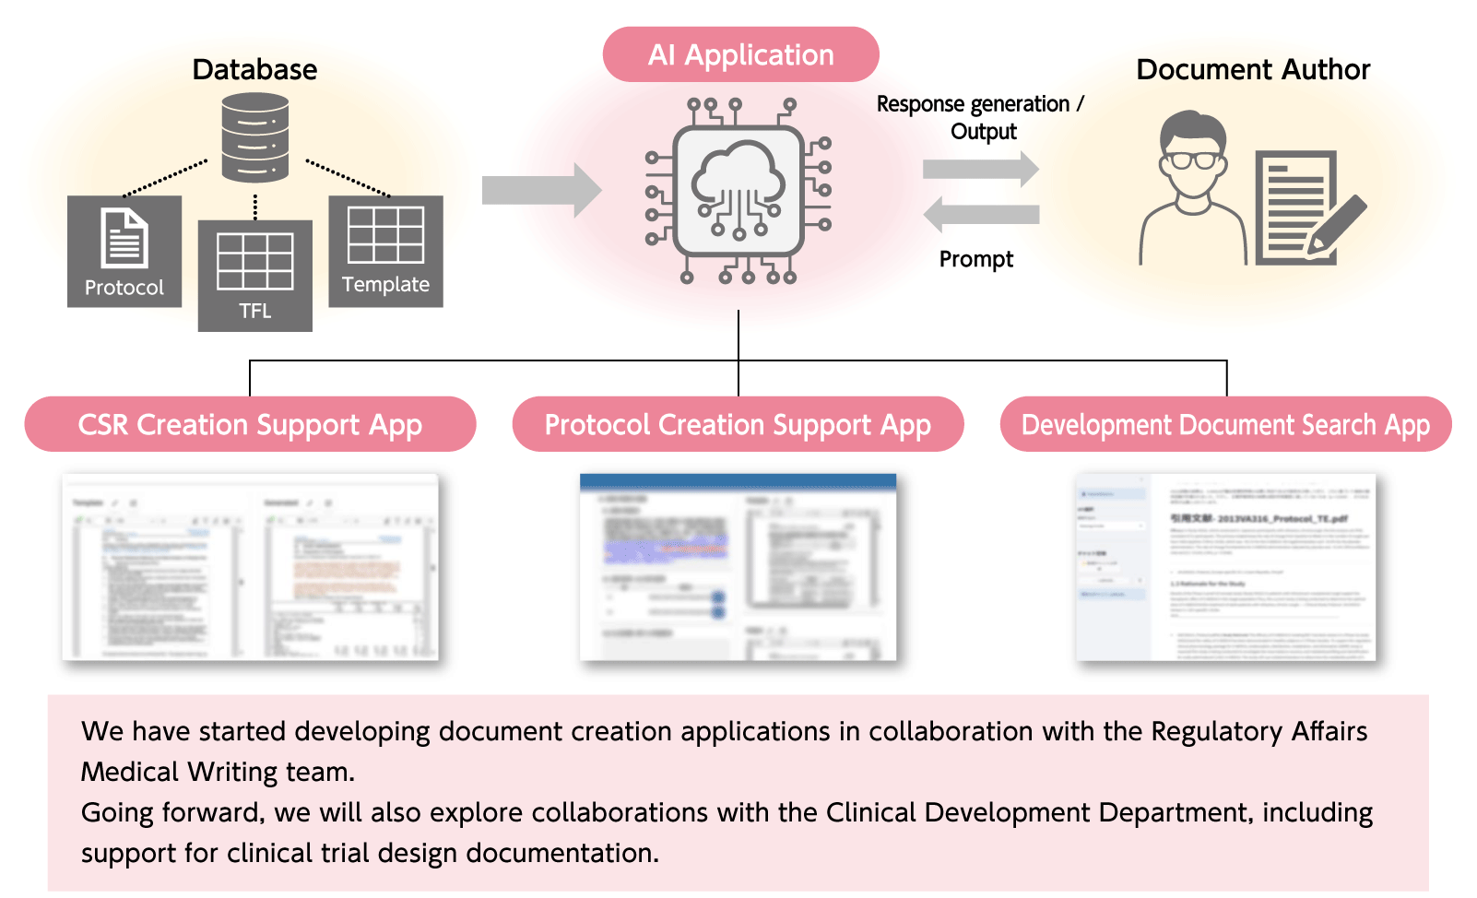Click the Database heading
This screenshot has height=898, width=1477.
click(x=254, y=69)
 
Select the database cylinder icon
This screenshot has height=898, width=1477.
click(x=255, y=139)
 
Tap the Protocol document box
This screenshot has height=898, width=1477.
click(x=124, y=251)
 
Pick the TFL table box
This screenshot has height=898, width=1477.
click(x=255, y=275)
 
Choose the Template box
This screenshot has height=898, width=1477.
click(x=385, y=251)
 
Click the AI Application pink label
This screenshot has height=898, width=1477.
click(x=740, y=54)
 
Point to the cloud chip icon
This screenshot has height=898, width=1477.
click(x=738, y=192)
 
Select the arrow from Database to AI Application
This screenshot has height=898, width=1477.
click(x=541, y=190)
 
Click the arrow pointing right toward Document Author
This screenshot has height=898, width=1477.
click(x=980, y=169)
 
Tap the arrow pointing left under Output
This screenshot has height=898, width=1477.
click(x=980, y=215)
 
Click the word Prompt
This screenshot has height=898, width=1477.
click(x=975, y=259)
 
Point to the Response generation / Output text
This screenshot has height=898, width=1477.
click(x=980, y=117)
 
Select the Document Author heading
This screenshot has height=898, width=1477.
click(x=1253, y=69)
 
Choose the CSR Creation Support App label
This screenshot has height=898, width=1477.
click(x=250, y=424)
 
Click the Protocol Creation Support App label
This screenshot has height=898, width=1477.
click(x=738, y=424)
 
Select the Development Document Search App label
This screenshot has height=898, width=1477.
click(x=1225, y=424)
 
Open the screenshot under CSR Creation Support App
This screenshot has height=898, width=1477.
click(x=250, y=567)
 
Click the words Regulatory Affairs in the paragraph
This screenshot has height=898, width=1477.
click(x=1258, y=731)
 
